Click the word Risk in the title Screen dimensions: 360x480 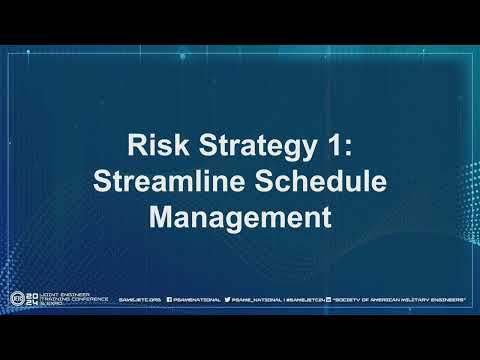coord(151,146)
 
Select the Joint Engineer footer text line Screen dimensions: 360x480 coord(60,294)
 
